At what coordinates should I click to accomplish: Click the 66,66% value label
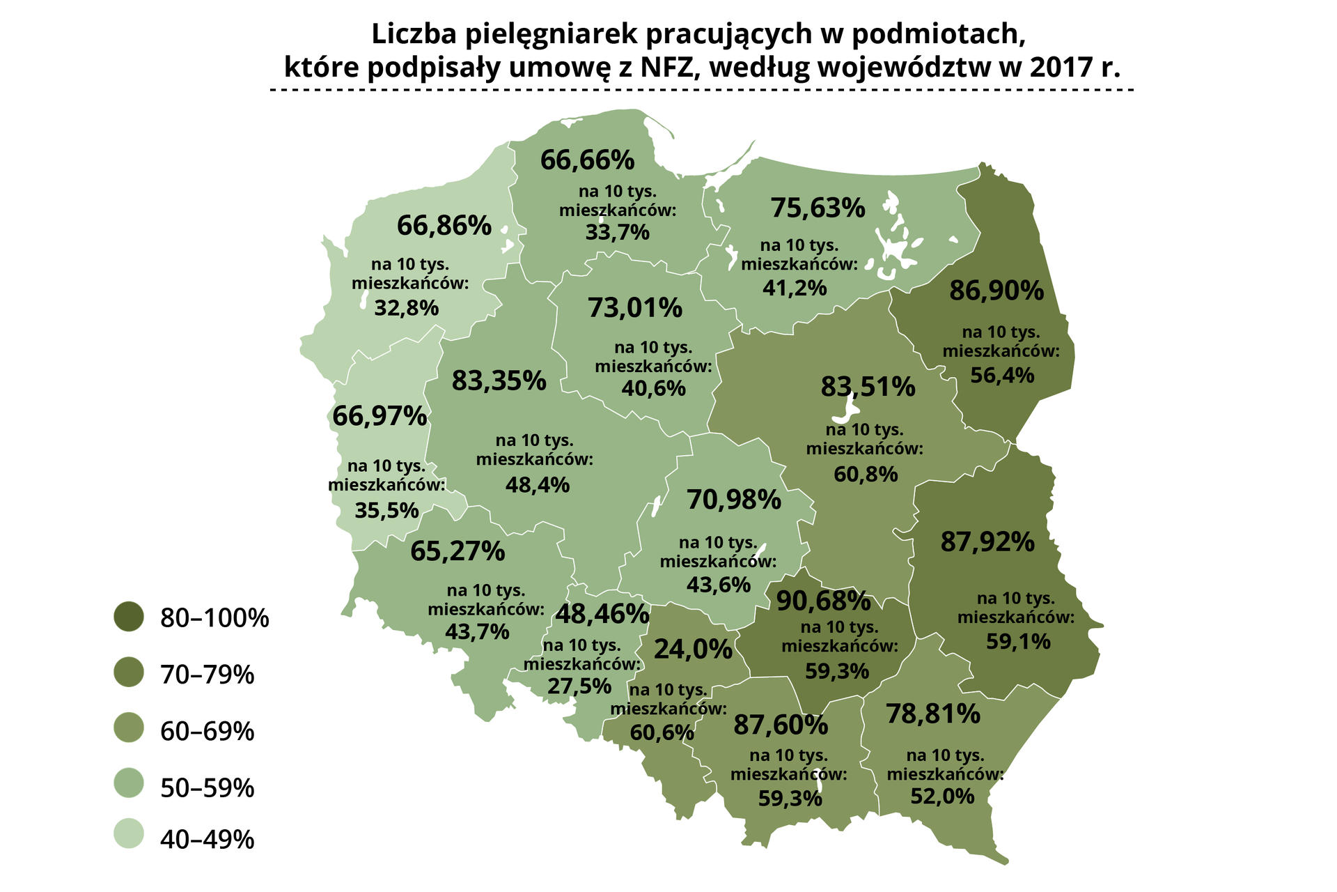pos(587,160)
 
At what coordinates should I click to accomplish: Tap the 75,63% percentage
pos(818,208)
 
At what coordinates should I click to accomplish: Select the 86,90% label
pos(996,291)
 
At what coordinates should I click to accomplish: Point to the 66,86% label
pos(444,226)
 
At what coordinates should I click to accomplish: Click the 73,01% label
pos(635,308)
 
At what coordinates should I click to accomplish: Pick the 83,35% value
pos(499,380)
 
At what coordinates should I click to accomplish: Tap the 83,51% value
pos(868,387)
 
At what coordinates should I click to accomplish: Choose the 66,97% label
pos(380,416)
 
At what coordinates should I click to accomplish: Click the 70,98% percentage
pos(734,500)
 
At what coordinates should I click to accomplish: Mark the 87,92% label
pos(987,542)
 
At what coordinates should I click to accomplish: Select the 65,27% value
pos(458,551)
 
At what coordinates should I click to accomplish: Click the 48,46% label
pos(602,614)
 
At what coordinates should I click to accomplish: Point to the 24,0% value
pos(693,649)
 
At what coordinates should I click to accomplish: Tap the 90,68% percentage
pos(823,601)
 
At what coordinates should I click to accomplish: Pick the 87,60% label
pos(781,725)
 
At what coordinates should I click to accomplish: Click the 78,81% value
pos(933,714)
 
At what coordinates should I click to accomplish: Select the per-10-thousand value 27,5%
pos(579,686)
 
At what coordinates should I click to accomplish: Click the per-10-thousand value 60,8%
pos(866,475)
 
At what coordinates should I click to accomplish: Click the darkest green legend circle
pos(129,617)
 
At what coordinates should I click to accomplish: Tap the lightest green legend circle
pos(129,833)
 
